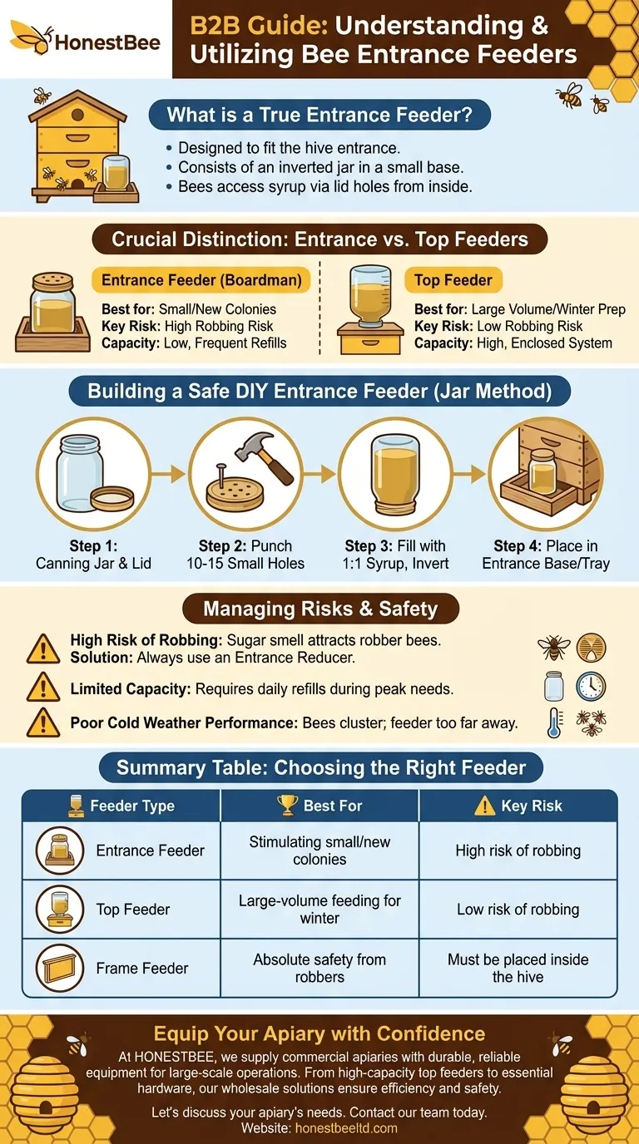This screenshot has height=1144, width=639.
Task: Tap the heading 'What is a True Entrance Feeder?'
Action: click(x=319, y=115)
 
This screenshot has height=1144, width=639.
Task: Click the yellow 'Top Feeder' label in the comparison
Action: click(x=453, y=280)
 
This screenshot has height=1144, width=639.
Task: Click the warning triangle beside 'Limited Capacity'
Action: click(x=42, y=689)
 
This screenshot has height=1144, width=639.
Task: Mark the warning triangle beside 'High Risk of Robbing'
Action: click(x=42, y=648)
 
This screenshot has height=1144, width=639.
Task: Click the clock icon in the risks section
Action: click(x=591, y=687)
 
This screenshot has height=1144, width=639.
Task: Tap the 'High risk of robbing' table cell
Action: click(x=518, y=851)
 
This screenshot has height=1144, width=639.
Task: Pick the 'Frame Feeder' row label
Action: click(x=142, y=968)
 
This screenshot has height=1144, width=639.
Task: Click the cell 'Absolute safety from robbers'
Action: click(x=319, y=968)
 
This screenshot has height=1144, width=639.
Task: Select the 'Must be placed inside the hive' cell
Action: click(x=518, y=968)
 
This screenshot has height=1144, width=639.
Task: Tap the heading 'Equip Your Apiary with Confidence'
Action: click(x=319, y=1034)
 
